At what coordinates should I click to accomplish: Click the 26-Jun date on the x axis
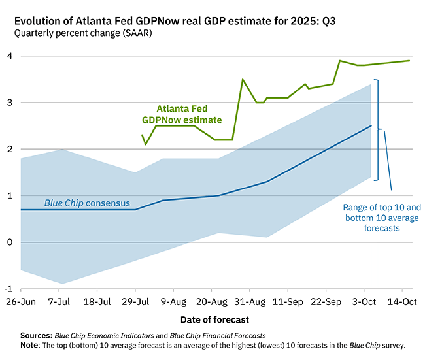[21, 303]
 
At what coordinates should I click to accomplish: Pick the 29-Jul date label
[135, 303]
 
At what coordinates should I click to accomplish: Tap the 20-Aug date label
[211, 303]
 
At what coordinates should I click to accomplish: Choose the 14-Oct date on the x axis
[403, 303]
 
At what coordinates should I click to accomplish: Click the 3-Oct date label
[365, 303]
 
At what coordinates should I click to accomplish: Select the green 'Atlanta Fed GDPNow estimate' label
[182, 115]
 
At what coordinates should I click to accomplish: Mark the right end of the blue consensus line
[371, 125]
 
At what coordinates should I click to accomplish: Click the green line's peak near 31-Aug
[243, 80]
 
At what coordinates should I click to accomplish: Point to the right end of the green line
[410, 61]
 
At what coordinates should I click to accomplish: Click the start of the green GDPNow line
[142, 135]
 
